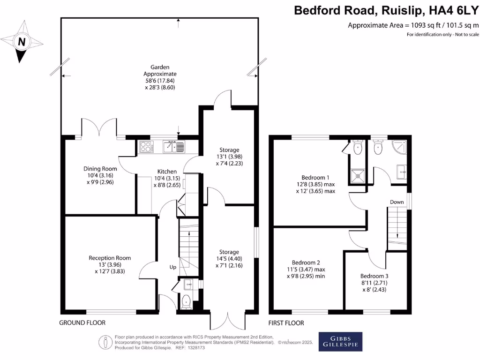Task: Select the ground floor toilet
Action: pos(186,301)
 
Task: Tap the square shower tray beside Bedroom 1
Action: pos(359,175)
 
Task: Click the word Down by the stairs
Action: pos(397,202)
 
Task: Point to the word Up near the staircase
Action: pos(173,267)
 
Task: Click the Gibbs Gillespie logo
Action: pos(340,341)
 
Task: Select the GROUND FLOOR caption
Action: pos(82,323)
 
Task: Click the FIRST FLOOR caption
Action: pos(286,323)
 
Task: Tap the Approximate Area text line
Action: pos(413,25)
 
